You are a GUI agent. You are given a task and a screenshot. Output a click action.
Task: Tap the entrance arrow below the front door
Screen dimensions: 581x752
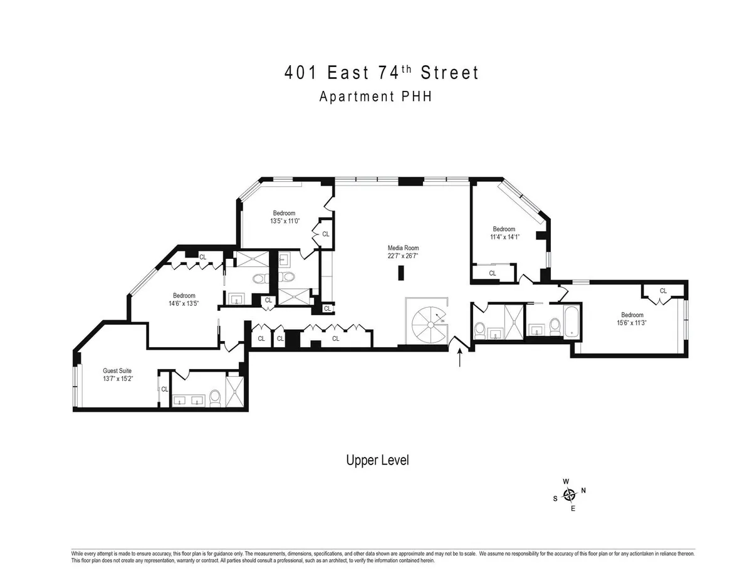461,358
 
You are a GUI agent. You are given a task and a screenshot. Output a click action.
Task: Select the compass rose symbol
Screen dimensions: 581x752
570,495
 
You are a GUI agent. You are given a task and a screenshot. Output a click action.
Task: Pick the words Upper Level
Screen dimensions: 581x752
377,460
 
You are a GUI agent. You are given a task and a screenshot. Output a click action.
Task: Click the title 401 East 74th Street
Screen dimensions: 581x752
382,73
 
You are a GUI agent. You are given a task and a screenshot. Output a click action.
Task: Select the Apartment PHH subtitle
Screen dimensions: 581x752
375,97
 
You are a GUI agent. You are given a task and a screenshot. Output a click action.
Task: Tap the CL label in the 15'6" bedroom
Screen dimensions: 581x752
663,290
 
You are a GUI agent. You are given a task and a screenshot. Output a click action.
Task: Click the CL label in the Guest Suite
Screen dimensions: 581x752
165,389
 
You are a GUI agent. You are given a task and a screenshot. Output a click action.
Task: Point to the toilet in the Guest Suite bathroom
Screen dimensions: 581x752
215,397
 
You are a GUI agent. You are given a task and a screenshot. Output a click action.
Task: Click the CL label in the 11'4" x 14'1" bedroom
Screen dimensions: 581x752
493,273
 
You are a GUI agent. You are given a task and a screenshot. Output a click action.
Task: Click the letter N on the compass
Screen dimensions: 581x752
583,490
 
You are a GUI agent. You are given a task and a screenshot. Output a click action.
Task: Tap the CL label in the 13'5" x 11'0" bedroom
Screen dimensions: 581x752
325,234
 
